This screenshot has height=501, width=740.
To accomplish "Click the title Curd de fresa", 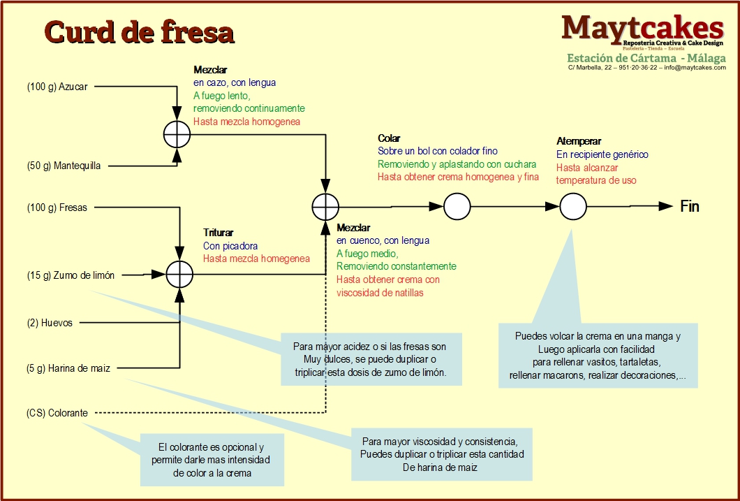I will tap(140, 32).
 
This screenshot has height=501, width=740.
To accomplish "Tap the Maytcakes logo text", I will tap(642, 28).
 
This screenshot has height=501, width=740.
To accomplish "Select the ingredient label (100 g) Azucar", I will tap(57, 87).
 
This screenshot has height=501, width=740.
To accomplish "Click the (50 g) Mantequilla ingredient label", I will tap(64, 166).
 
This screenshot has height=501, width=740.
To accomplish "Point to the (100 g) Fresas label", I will tap(57, 208).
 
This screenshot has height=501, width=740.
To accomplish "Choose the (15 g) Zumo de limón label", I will tap(71, 275).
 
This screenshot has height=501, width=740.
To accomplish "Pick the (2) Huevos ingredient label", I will tap(50, 323).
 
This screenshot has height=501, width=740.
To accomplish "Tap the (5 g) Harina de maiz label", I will tap(68, 368).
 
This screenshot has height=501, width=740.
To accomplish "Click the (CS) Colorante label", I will tap(57, 413).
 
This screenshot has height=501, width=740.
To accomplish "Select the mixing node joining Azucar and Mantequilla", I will tap(177, 134).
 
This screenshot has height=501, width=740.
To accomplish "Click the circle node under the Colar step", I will tap(457, 207).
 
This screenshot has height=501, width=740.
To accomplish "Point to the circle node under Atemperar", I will tap(572, 207).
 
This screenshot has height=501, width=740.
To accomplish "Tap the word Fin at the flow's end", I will tap(690, 207).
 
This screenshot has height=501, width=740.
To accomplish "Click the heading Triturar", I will tap(218, 233).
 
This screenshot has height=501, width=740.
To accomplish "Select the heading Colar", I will tap(389, 138).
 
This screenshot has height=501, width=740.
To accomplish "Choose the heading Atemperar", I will tap(579, 141).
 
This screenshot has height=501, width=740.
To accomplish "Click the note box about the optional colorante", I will tap(212, 460).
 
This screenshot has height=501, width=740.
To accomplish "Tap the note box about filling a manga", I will tap(598, 356).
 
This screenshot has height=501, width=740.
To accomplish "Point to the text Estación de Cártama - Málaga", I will tap(646, 58).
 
